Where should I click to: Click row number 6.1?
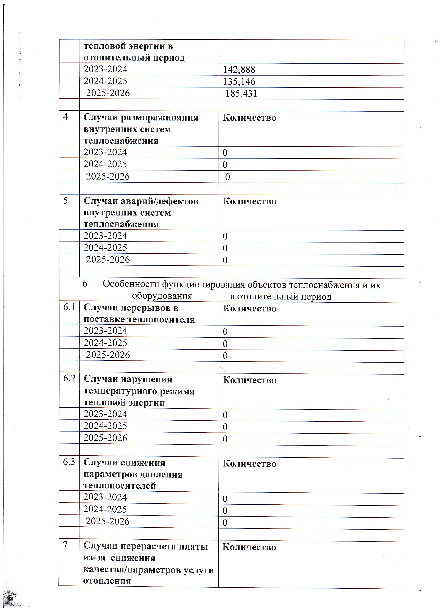69,307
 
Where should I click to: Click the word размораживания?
160,118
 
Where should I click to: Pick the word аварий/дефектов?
160,201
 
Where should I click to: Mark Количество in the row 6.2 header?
249,380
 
